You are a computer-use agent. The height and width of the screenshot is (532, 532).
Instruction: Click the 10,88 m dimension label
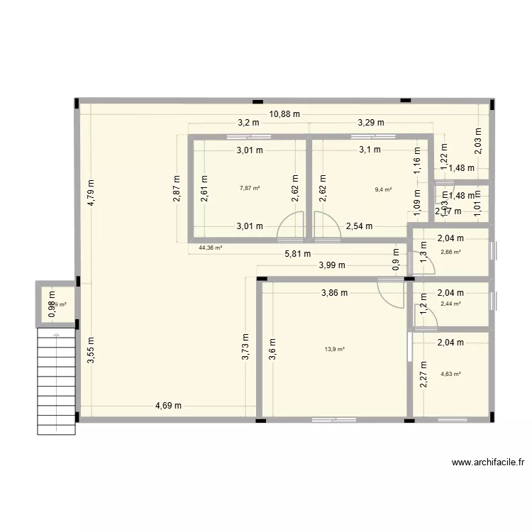point(284,113)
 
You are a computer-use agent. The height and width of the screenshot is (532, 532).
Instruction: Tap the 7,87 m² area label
point(250,188)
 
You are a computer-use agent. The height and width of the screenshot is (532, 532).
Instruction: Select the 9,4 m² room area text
point(384,189)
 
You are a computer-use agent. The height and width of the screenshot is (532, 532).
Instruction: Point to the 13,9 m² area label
point(335,349)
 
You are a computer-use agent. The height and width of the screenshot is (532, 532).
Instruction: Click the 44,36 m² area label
point(211,248)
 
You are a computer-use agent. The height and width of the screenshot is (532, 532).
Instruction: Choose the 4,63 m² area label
point(450,374)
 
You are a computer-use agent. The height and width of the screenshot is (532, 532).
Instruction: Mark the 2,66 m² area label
point(450,252)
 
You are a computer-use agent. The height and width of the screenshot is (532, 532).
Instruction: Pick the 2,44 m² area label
point(450,304)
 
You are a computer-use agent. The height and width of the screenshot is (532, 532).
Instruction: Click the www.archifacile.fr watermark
point(488,462)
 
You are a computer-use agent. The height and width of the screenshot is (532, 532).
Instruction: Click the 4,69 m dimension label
point(169,406)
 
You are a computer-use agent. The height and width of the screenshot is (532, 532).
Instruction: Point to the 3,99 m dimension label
point(331,265)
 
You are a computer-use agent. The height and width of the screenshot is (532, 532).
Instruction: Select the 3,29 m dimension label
point(370,122)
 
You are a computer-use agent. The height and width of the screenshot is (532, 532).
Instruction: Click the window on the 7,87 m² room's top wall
point(248,136)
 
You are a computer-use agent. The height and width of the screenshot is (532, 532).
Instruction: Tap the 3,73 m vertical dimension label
point(245,348)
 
